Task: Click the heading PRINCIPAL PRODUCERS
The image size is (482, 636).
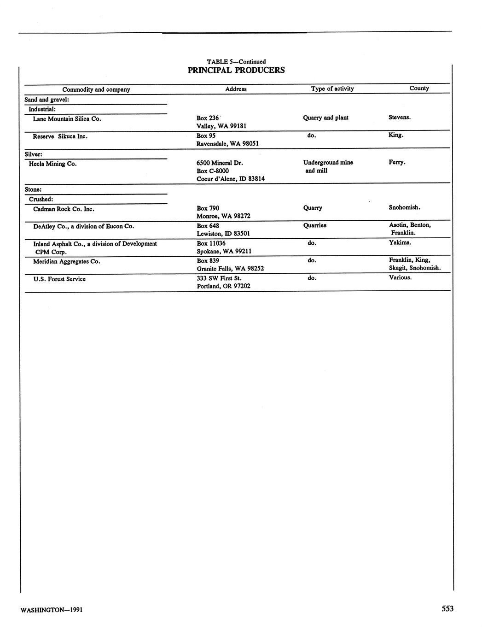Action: click(x=236, y=71)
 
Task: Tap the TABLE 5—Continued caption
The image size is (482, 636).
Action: click(x=236, y=62)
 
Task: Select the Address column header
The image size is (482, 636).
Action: click(x=236, y=89)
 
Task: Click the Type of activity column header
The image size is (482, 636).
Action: click(x=332, y=88)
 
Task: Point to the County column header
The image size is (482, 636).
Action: click(x=419, y=88)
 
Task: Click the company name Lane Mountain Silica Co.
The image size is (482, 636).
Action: click(x=67, y=119)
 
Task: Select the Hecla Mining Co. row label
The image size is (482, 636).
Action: click(x=52, y=164)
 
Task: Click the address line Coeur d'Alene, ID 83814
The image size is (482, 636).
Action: click(x=230, y=179)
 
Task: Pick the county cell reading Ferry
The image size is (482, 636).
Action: click(x=397, y=162)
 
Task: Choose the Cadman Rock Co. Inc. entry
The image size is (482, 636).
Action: click(x=64, y=209)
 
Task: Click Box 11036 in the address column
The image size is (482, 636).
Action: click(x=211, y=243)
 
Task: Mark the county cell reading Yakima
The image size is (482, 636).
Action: click(x=400, y=242)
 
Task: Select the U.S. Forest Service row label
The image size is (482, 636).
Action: click(x=59, y=279)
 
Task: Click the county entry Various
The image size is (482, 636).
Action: click(x=400, y=277)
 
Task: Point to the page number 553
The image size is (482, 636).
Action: click(x=447, y=609)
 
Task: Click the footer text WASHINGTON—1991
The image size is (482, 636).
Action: click(x=52, y=610)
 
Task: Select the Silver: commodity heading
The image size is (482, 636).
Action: click(x=33, y=154)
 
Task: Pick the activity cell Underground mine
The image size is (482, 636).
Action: click(x=328, y=162)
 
